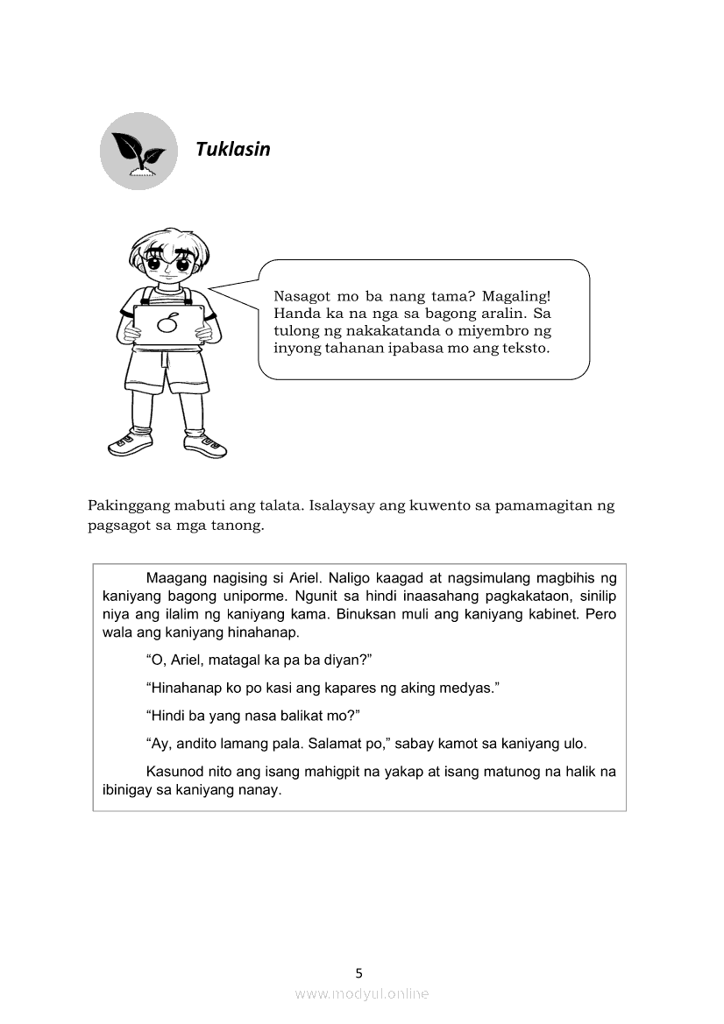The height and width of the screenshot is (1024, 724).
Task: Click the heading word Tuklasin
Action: pos(233,149)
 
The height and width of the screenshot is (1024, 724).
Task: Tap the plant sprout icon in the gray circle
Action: pos(138,152)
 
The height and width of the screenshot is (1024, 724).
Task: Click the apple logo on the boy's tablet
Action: pos(169,326)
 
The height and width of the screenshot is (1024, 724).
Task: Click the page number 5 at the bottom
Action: pos(358,972)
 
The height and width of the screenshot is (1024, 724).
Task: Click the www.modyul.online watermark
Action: pos(362,993)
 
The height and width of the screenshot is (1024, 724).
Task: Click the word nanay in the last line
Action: pos(257,789)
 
